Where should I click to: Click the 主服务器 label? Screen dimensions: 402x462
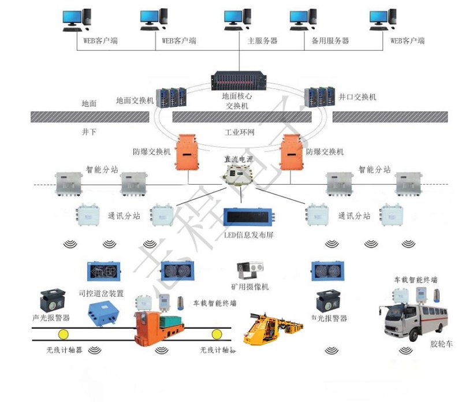pos(263,41)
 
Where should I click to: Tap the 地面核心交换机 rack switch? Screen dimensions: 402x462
pos(238,81)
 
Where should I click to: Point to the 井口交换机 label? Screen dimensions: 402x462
pos(357,97)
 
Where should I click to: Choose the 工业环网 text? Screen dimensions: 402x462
pos(240,132)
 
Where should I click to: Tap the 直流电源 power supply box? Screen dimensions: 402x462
pos(239,175)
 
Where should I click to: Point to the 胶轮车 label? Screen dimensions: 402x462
pos(442,344)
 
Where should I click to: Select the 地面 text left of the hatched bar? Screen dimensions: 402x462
pos(89,104)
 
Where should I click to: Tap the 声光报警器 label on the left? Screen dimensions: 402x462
pos(51,318)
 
